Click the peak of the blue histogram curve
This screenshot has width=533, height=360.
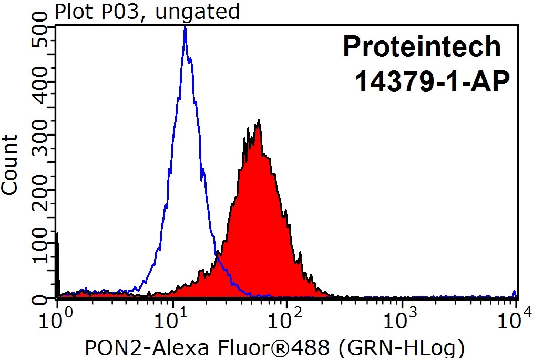pyautogui.click(x=185, y=27)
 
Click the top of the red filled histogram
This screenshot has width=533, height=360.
pyautogui.click(x=258, y=122)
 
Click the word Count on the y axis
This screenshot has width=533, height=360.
pyautogui.click(x=10, y=164)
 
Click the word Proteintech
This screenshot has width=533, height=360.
pyautogui.click(x=422, y=47)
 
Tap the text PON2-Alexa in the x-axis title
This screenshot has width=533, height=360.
pyautogui.click(x=125, y=347)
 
